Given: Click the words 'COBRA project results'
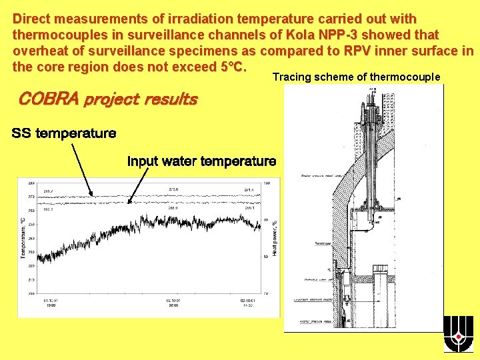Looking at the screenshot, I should (x=108, y=100).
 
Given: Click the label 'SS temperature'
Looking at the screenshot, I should (x=64, y=133).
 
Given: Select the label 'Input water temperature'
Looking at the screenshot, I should (x=201, y=161).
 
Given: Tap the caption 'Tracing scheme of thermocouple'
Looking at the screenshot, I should (x=357, y=77).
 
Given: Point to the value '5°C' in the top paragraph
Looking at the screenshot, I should (x=231, y=67).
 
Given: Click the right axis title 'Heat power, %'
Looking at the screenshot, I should (x=275, y=238).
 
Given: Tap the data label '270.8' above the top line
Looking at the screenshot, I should (x=173, y=189).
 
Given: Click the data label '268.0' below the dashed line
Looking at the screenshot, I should (x=173, y=207).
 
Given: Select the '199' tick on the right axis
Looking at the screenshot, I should (x=267, y=183).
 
